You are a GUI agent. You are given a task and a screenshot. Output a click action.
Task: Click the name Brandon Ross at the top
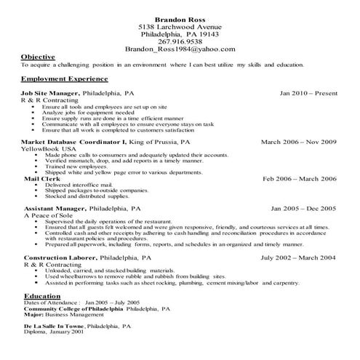click(180, 17)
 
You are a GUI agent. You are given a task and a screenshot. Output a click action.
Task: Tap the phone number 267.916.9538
click(180, 41)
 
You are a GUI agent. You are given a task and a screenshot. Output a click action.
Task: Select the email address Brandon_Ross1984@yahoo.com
click(180, 49)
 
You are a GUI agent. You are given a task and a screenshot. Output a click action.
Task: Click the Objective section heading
click(38, 57)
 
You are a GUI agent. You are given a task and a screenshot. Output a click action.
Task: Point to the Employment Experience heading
click(65, 78)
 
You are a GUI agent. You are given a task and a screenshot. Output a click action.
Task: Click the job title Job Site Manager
click(51, 94)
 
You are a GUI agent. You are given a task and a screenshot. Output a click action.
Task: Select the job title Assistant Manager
click(55, 208)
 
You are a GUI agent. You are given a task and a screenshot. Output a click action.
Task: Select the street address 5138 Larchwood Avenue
click(180, 26)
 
